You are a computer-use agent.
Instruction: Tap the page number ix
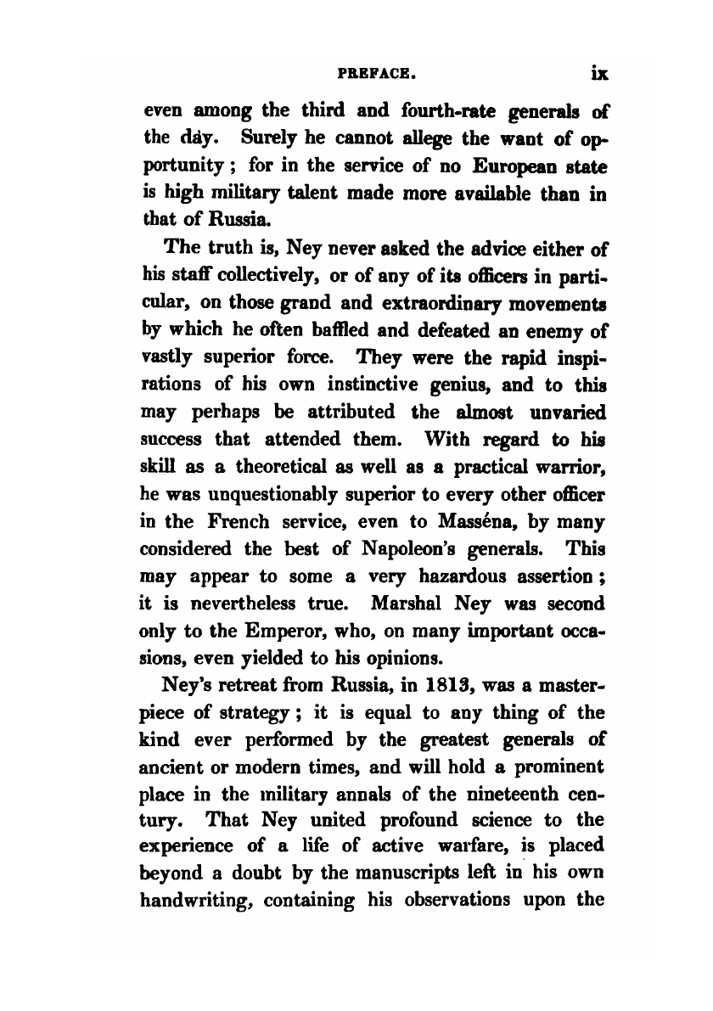(x=600, y=74)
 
